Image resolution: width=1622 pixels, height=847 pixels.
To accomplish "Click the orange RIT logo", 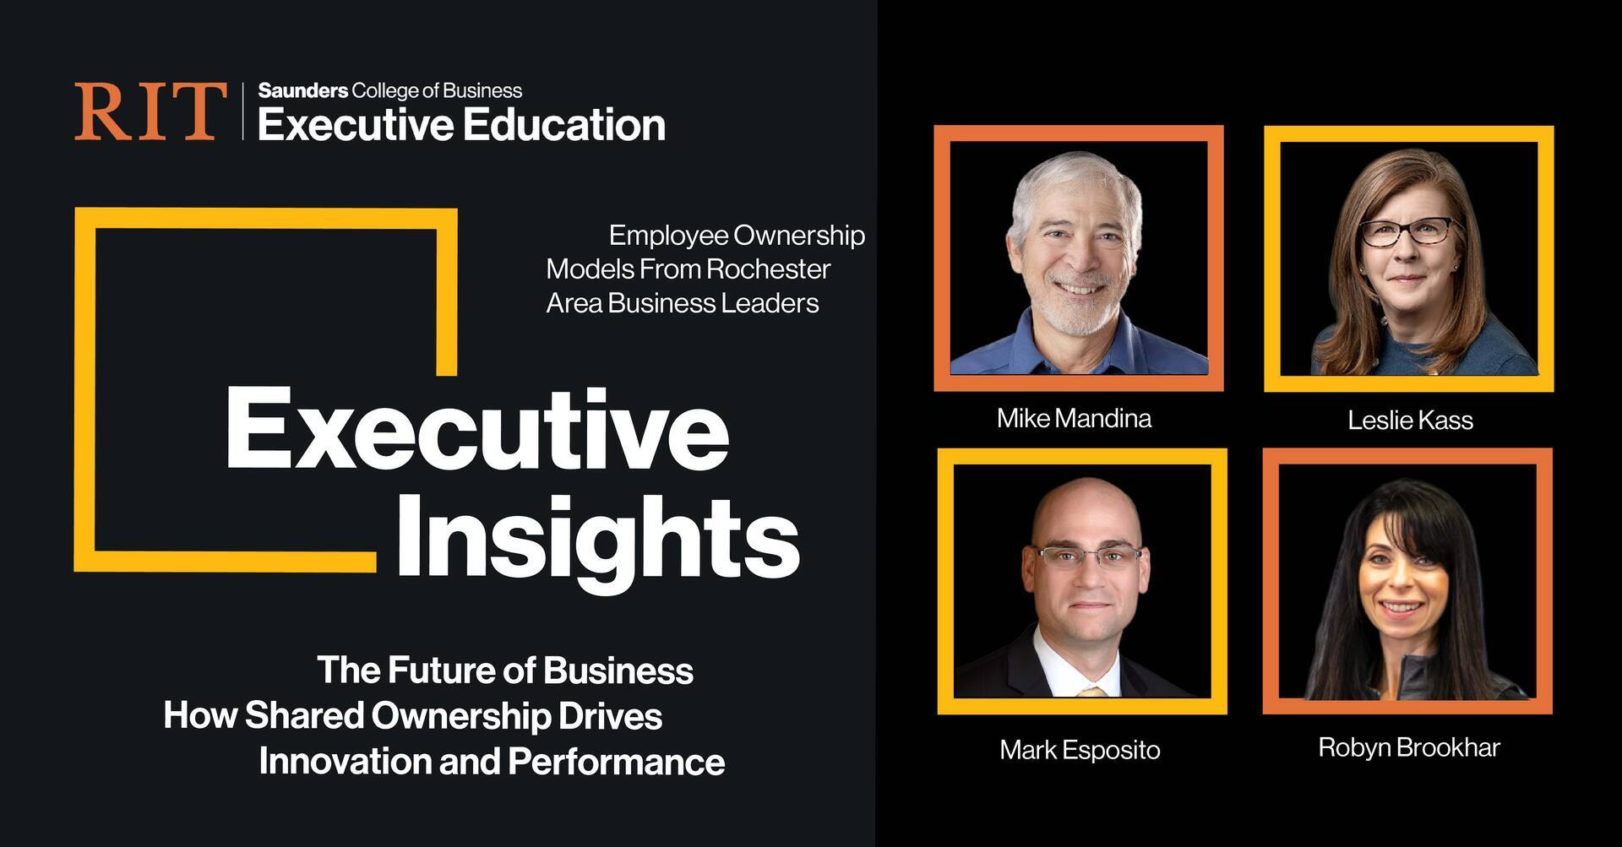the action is pos(150,111).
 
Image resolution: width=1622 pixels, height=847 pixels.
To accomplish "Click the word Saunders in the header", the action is pos(302,90).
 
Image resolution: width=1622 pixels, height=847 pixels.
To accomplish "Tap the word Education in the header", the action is pos(564,125).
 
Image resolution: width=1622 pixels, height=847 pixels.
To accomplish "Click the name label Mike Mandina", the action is pos(1074,418).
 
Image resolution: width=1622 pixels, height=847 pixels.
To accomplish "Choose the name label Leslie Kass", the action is pos(1410,420).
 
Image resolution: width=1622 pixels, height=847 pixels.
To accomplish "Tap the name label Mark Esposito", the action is pos(1080,750).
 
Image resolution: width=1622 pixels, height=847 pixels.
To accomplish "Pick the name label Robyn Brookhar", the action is pos(1409,747).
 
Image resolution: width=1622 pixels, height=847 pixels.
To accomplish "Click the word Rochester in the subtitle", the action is pos(768,269).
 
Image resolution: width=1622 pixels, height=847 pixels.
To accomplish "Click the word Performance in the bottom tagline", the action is pos(616,761).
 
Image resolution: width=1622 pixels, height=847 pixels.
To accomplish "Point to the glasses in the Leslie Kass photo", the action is pos(1407,231).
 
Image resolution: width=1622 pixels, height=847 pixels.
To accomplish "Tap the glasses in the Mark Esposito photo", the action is pos(1089,557).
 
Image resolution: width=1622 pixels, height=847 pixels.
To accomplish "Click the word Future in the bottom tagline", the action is pos(441,671).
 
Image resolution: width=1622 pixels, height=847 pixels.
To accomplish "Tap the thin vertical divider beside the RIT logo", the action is pos(242,111).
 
